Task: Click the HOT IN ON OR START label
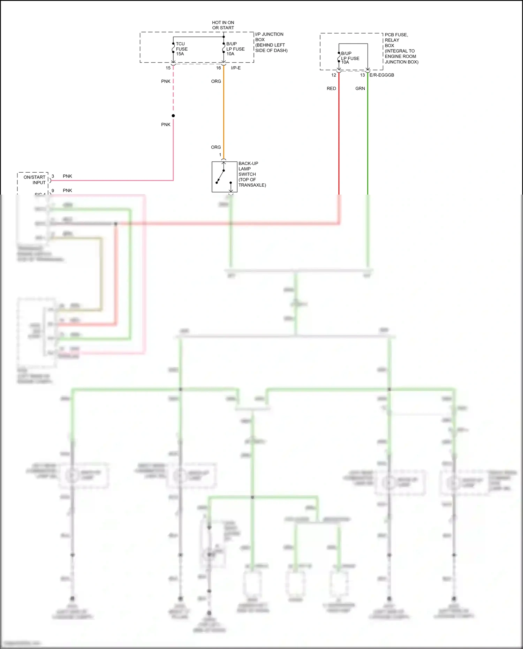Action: pos(223,25)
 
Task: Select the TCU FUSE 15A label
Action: pos(181,49)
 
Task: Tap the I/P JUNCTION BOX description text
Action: pos(271,42)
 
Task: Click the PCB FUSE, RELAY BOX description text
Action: pos(401,48)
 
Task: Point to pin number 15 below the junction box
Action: pos(168,68)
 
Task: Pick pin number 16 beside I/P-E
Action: pos(218,68)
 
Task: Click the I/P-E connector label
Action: pos(236,68)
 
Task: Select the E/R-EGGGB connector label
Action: pos(382,75)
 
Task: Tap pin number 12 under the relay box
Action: pos(334,75)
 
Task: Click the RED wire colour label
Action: pos(331,89)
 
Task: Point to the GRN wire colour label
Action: pos(360,89)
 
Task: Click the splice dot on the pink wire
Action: pos(173,116)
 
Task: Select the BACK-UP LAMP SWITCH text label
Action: pos(252,174)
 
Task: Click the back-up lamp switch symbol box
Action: pos(224,177)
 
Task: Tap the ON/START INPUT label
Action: pos(35,180)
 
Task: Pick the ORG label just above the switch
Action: pos(216,147)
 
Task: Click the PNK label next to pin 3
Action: pos(67,176)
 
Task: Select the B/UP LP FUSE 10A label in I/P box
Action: pos(235,49)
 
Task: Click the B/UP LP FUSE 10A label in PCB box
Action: pos(350,58)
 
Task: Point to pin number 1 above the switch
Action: pos(220,155)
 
